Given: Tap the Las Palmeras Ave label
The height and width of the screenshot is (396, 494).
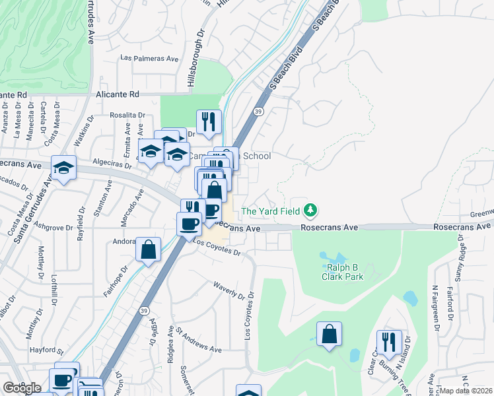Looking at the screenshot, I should pos(150,58).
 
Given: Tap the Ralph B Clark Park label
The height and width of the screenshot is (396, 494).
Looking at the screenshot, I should pos(344,273).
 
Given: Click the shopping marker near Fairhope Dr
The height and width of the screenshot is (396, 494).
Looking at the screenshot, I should pos(148,249).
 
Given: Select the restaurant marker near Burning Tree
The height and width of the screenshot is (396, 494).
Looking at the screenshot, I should pos(389,342).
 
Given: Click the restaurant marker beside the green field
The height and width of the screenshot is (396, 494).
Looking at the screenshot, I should pos(209,121).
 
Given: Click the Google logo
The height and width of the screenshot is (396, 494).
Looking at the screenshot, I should pos(22,387).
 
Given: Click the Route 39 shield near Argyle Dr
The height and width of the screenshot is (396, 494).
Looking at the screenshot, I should pos(144,310).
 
